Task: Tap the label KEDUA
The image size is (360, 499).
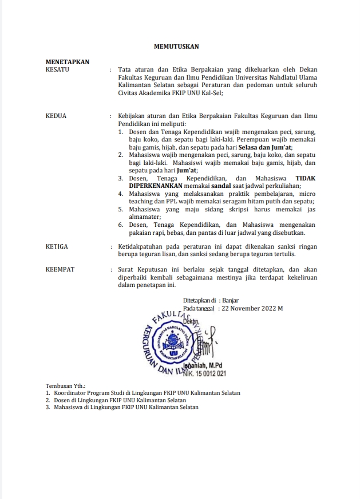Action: pos(56,116)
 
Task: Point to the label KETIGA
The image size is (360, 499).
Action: pos(57,246)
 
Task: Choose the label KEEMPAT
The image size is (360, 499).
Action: pos(60,269)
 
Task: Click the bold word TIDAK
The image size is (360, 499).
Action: pos(305,178)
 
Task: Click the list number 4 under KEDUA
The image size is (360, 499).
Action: pos(121,194)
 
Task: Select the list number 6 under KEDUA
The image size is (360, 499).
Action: pos(121,225)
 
